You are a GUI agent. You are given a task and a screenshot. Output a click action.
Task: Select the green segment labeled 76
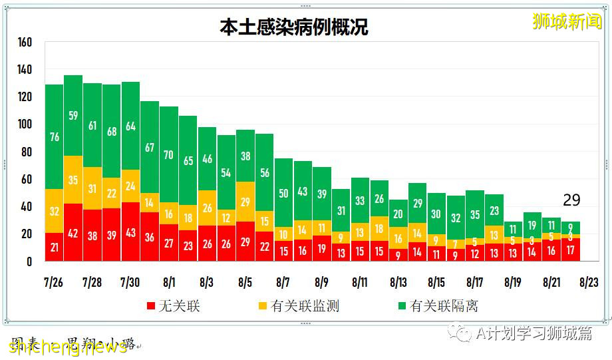pyautogui.click(x=54, y=137)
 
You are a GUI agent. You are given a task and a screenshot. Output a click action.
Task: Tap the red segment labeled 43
pyautogui.click(x=130, y=232)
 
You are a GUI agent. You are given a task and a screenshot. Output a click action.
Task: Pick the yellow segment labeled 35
pyautogui.click(x=73, y=180)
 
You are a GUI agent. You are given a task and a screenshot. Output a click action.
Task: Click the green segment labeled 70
pyautogui.click(x=168, y=154)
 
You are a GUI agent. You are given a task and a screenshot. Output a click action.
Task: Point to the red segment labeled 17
pyautogui.click(x=570, y=250)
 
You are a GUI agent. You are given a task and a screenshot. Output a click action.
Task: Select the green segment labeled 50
pyautogui.click(x=283, y=193)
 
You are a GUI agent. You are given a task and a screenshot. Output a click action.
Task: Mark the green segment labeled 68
pyautogui.click(x=111, y=131)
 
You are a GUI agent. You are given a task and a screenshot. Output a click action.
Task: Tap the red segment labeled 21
pyautogui.click(x=54, y=247)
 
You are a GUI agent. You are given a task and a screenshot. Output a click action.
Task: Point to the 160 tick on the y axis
pyautogui.click(x=25, y=42)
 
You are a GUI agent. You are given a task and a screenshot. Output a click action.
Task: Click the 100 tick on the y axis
pyautogui.click(x=25, y=124)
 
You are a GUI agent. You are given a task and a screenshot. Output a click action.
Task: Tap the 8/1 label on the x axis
pyautogui.click(x=168, y=282)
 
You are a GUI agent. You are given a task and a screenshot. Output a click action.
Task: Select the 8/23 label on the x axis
pyautogui.click(x=589, y=282)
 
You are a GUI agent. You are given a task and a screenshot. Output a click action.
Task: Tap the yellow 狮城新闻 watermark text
pyautogui.click(x=567, y=21)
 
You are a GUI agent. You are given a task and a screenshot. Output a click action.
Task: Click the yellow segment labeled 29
pyautogui.click(x=245, y=202)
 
